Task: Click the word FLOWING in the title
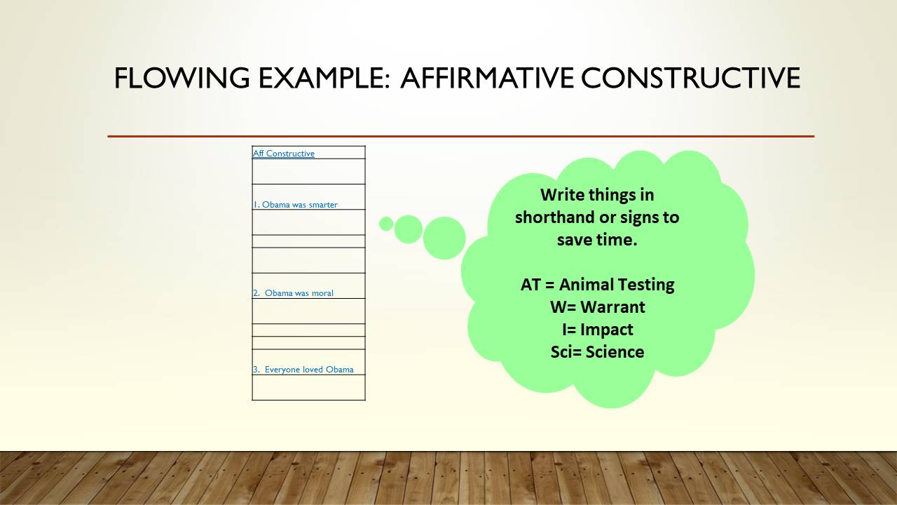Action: [x=182, y=78]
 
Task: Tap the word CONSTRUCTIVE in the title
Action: [x=690, y=78]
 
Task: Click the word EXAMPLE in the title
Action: [x=324, y=78]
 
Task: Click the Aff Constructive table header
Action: [x=284, y=153]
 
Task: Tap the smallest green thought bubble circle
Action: [x=386, y=224]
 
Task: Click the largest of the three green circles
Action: [x=444, y=238]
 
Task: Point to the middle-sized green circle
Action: [x=408, y=229]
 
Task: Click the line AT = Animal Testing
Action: [x=598, y=285]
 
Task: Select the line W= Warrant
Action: [x=598, y=307]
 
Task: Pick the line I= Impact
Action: [x=598, y=330]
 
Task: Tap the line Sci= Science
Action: [x=598, y=352]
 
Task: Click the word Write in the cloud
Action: [x=561, y=195]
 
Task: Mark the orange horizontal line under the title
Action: [x=461, y=136]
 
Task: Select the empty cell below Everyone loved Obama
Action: [x=309, y=387]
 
